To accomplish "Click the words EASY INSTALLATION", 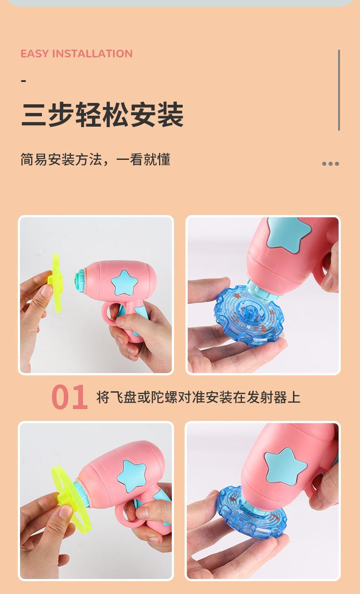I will (77, 54).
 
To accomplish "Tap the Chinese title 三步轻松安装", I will (102, 115).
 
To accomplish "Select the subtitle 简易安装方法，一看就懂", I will (95, 159).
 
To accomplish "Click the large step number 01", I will (69, 398).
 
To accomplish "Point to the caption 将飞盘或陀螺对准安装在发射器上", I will (198, 397).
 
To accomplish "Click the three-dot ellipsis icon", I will (330, 164).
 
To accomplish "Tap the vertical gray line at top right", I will (339, 90).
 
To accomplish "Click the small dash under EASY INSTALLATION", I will (24, 81).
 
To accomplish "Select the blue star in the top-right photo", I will (288, 234).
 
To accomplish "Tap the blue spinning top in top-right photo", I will (248, 317).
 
